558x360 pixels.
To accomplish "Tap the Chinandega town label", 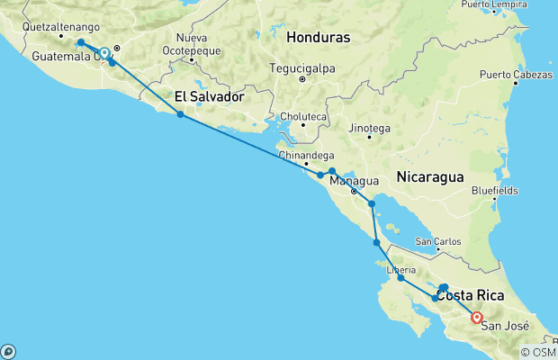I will pos(304,155).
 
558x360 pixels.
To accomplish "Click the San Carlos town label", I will pos(439,242).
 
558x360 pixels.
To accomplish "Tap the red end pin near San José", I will pos(476,316).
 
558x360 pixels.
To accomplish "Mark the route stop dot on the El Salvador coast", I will pos(180,114).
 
